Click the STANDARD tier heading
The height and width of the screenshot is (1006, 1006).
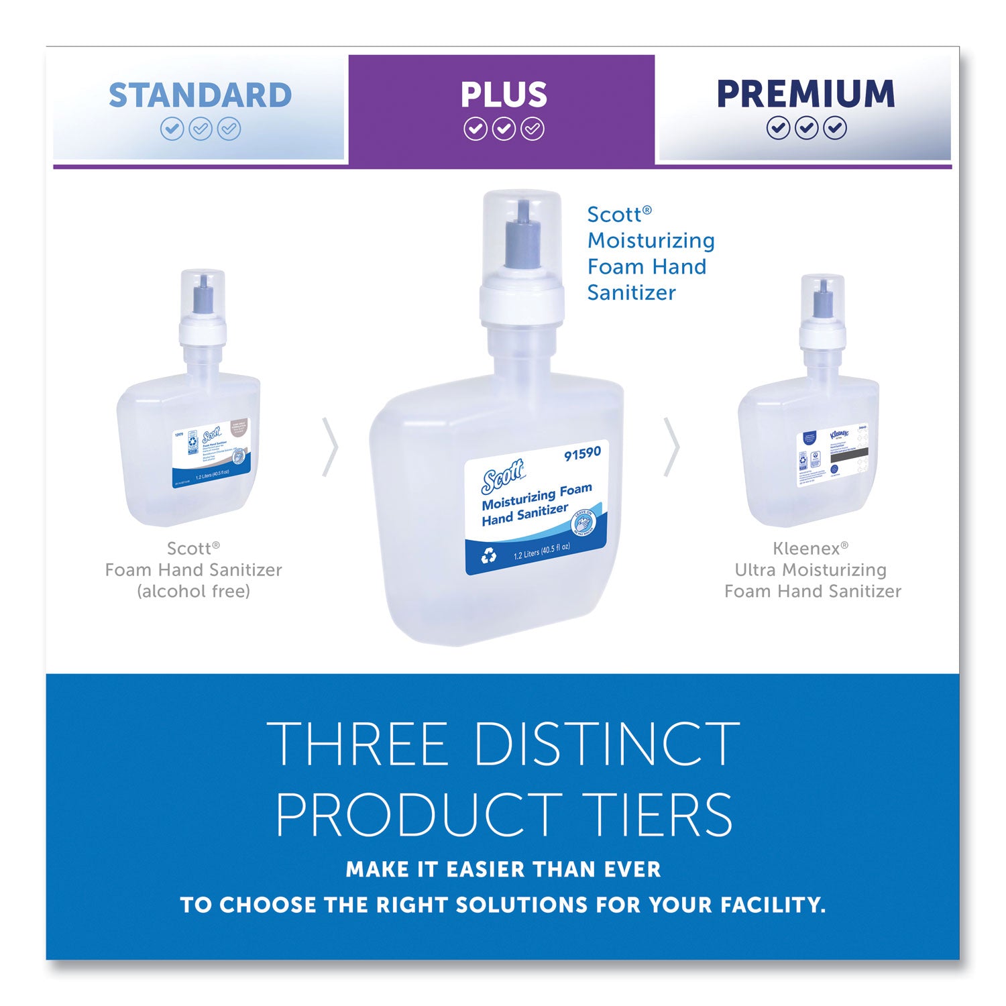click(x=200, y=95)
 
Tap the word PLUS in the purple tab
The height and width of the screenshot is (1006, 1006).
click(x=504, y=95)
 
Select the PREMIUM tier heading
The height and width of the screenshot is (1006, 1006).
click(x=805, y=93)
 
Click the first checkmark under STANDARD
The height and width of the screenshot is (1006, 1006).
click(x=172, y=129)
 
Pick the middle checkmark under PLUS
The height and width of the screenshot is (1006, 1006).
click(x=504, y=129)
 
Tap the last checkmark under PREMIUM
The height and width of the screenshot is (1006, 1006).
click(x=835, y=127)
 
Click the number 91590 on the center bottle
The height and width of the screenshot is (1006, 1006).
click(x=582, y=454)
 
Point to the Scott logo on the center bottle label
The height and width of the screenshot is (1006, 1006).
click(x=503, y=476)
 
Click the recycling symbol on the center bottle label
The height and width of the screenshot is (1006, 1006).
click(x=489, y=555)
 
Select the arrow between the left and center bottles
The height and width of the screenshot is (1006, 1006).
click(x=331, y=447)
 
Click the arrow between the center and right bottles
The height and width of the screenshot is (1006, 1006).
click(x=671, y=447)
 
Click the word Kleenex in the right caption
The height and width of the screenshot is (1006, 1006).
click(x=805, y=549)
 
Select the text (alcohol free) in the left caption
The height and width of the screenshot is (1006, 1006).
click(x=193, y=591)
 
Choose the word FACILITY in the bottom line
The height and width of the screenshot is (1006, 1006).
click(x=773, y=905)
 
